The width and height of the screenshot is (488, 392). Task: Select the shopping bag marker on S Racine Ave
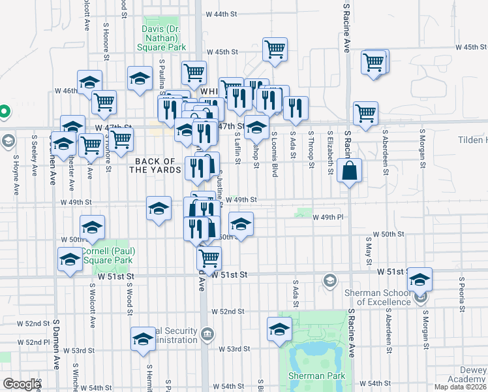click(x=350, y=171)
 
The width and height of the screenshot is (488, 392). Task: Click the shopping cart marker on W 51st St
click(x=209, y=257)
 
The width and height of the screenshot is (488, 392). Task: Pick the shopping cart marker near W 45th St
click(x=275, y=49)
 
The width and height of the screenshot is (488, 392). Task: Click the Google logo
click(x=21, y=384)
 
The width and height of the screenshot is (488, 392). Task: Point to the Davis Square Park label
click(x=164, y=37)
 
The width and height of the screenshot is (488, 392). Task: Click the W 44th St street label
click(x=220, y=14)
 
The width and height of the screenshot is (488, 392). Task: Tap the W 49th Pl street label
click(x=328, y=218)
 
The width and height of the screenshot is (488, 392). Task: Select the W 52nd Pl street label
click(x=34, y=342)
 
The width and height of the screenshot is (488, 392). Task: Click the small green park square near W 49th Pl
click(x=303, y=212)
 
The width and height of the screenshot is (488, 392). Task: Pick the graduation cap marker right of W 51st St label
click(x=419, y=279)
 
